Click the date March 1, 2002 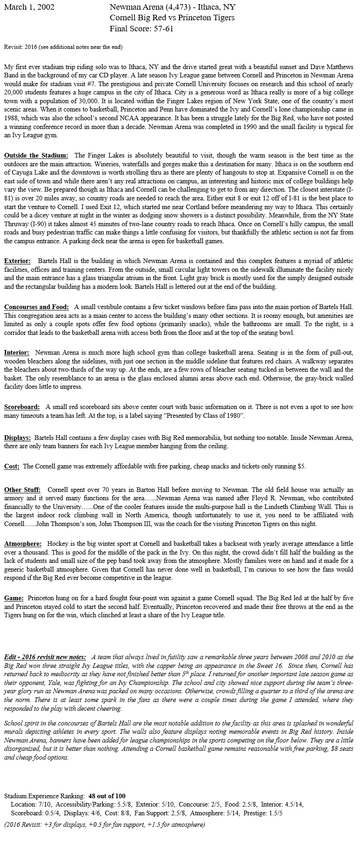(x=29, y=7)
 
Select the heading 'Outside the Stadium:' (x=36, y=155)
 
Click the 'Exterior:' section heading (x=17, y=261)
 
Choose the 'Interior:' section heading (x=17, y=352)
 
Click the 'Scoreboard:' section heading (x=22, y=407)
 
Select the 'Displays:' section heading (x=17, y=437)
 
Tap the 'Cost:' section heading (x=12, y=466)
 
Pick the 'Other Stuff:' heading (x=22, y=490)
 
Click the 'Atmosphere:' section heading (x=23, y=544)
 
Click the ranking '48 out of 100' (x=107, y=795)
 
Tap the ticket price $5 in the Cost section (x=301, y=466)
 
